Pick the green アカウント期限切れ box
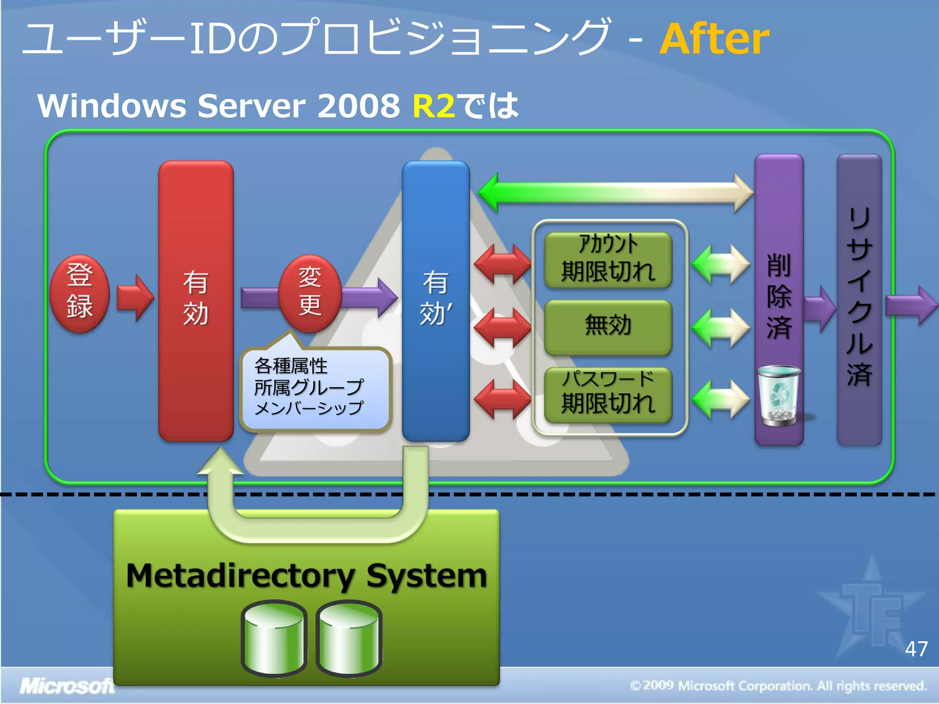pos(608,260)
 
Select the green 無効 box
pos(608,327)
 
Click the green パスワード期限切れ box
pos(608,394)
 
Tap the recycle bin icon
pos(779,396)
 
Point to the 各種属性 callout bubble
pos(315,389)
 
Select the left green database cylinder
pos(274,639)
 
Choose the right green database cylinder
pos(349,639)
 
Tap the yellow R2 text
pos(433,106)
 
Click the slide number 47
pos(916,649)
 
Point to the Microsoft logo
pos(66,686)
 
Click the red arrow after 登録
pos(135,298)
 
